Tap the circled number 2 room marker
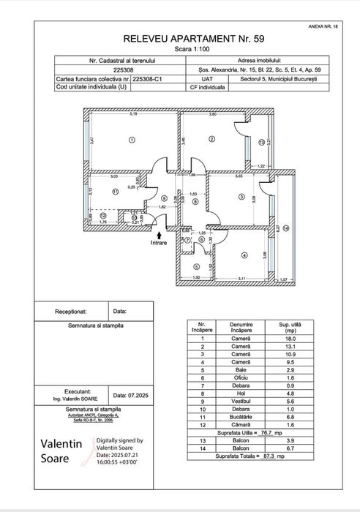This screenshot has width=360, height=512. point(211,139)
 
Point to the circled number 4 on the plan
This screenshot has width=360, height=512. point(242,255)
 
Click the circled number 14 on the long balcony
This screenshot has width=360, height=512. point(287,228)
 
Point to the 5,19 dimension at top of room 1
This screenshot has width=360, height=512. point(132,114)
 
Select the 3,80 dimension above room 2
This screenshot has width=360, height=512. point(211,114)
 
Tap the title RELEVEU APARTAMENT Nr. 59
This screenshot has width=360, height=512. point(179,36)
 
